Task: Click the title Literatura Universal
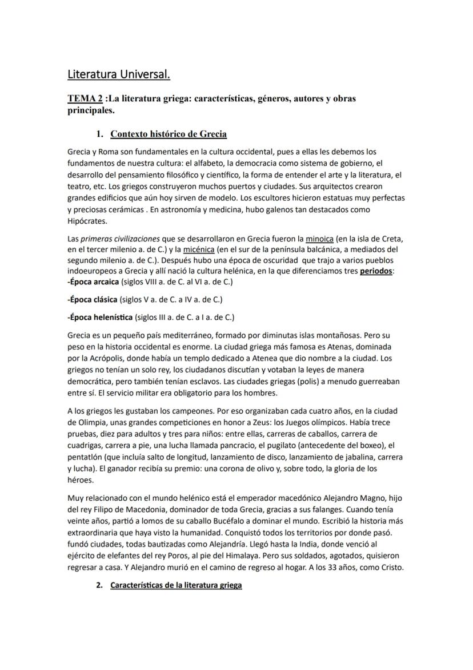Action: pos(118,74)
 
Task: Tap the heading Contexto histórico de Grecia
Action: pos(169,134)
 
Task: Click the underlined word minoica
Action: pos(320,238)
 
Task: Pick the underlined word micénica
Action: pos(199,249)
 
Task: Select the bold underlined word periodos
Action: pos(376,271)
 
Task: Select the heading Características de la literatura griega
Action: pos(176,586)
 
